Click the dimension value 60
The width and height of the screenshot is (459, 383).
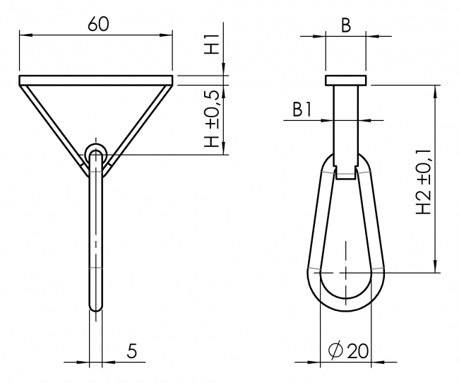click(97, 23)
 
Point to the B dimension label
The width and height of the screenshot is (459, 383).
click(346, 25)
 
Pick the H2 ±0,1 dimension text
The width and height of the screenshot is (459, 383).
click(423, 182)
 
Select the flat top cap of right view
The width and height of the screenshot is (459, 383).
click(345, 81)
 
